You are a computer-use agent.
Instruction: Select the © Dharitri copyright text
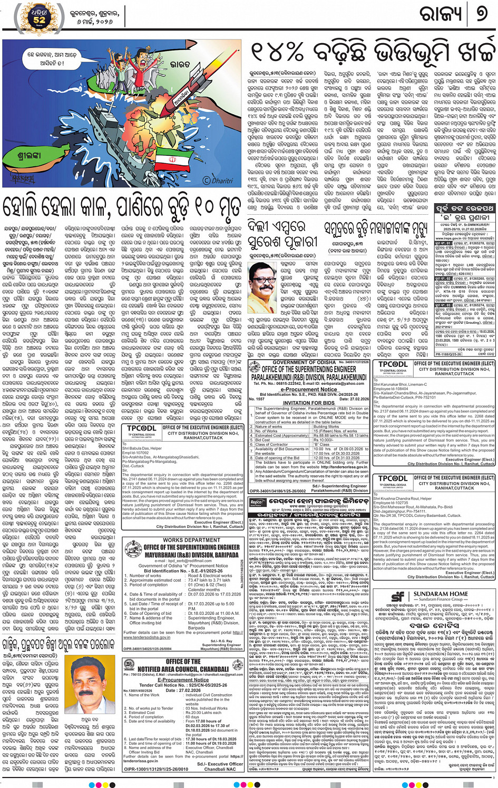point(217,181)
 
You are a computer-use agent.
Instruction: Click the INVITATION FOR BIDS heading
point(308,403)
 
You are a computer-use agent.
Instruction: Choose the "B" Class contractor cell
point(321,445)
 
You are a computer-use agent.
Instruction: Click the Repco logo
point(256,502)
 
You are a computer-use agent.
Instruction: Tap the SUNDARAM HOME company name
point(441,594)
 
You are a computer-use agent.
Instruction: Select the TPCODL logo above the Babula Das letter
point(141,428)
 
